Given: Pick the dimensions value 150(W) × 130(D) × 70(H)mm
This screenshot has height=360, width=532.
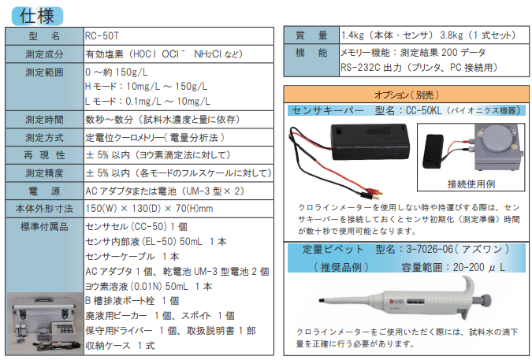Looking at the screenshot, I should click(x=149, y=208).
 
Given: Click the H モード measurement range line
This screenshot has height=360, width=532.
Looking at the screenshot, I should click(x=146, y=86).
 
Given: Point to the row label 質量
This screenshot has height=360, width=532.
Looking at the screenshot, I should click(x=311, y=36).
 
